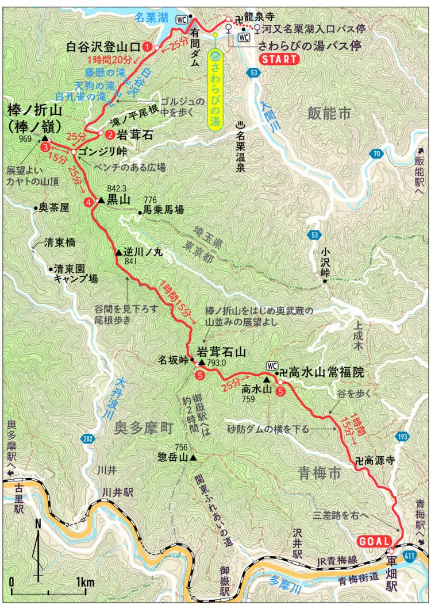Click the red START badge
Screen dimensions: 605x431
point(279,59)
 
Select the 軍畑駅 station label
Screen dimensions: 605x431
point(392,561)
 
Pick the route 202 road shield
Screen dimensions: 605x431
point(87,439)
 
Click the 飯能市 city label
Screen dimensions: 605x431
point(328,113)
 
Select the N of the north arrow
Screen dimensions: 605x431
point(37,524)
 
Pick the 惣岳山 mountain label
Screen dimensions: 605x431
point(172,458)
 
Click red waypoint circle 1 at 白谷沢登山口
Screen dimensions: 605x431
point(149,47)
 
